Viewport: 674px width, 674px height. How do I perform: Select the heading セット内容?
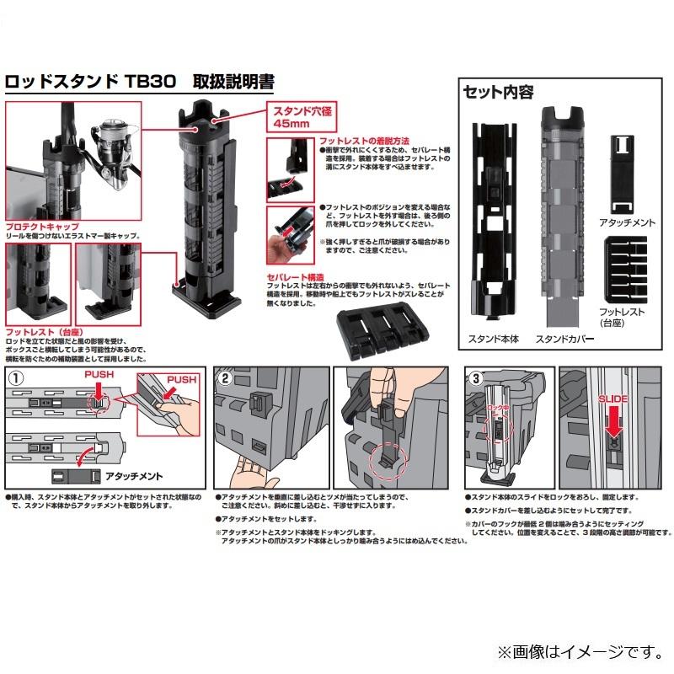click(x=498, y=92)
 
